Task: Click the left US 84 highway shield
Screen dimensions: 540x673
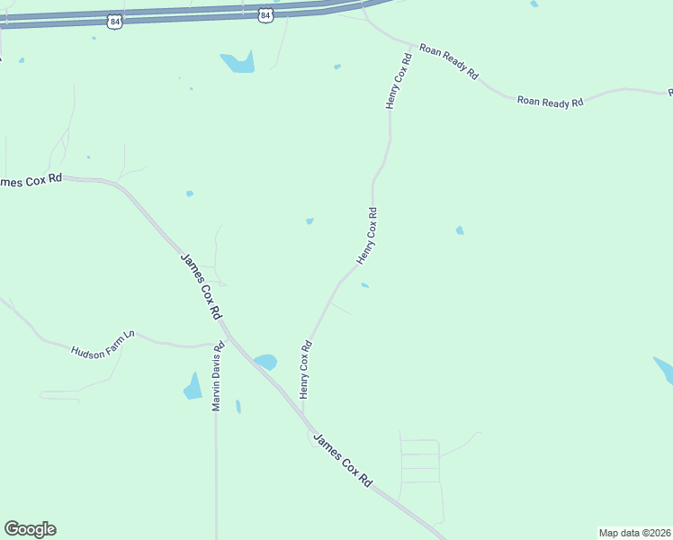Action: coord(112,21)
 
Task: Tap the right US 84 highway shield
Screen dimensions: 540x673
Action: coord(265,15)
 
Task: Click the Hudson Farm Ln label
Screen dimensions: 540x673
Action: coord(103,343)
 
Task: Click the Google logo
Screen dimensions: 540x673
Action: coord(30,529)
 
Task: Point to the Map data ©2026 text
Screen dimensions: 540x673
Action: coord(634,532)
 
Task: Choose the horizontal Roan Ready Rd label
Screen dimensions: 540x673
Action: coord(550,102)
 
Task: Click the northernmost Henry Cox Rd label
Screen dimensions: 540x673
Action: coord(399,81)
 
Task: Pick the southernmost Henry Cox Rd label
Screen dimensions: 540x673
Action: coord(305,369)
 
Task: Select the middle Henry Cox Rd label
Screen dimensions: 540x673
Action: coord(367,236)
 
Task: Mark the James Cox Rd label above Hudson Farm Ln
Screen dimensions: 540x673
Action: coord(202,286)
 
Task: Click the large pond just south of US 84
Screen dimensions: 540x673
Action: coord(238,62)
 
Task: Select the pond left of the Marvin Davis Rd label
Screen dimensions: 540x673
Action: coord(193,387)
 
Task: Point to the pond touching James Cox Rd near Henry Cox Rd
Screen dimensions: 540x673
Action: coord(265,362)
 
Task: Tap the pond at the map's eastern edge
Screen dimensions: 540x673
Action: coord(664,369)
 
